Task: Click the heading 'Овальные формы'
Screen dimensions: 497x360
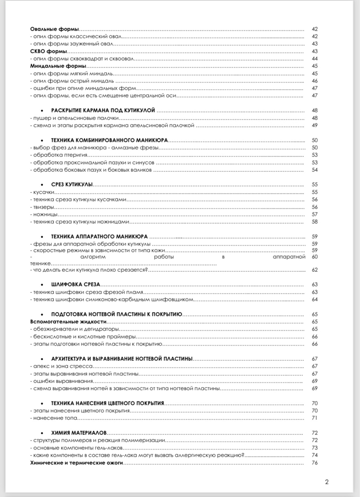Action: coord(54,29)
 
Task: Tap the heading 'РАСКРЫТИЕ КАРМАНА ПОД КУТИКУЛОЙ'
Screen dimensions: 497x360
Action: coord(103,111)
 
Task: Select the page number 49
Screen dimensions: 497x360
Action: coord(314,125)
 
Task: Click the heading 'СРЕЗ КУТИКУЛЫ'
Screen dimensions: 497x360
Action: coord(72,185)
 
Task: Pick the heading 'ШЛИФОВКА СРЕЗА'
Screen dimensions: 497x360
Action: coord(75,284)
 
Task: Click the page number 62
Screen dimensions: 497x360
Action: coord(314,269)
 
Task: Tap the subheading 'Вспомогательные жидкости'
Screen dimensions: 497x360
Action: coord(68,321)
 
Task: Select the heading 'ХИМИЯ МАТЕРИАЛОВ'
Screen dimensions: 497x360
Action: coord(79,432)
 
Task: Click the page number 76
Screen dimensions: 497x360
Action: coord(314,463)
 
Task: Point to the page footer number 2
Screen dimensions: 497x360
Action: coord(326,482)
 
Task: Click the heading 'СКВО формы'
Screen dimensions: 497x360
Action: coord(48,51)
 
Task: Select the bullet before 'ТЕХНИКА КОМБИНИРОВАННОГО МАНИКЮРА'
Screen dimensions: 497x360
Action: coord(44,140)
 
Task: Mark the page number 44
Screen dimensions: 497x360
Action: coord(314,58)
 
